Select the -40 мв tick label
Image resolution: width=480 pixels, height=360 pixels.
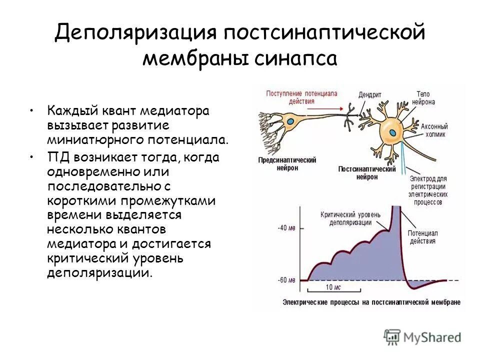tap(286, 228)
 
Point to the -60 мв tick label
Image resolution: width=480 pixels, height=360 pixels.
tap(286, 280)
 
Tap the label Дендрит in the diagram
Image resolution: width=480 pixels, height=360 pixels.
tap(370, 94)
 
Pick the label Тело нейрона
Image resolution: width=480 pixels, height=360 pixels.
tap(423, 97)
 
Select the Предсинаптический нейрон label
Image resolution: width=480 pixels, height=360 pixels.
tap(287, 163)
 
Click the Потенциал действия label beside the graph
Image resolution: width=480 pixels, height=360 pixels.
tap(422, 237)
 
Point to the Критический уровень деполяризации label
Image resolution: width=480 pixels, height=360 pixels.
tap(350, 218)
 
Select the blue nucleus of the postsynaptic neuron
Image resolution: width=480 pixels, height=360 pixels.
tap(393, 133)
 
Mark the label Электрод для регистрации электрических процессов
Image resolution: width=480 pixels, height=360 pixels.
tap(428, 190)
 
